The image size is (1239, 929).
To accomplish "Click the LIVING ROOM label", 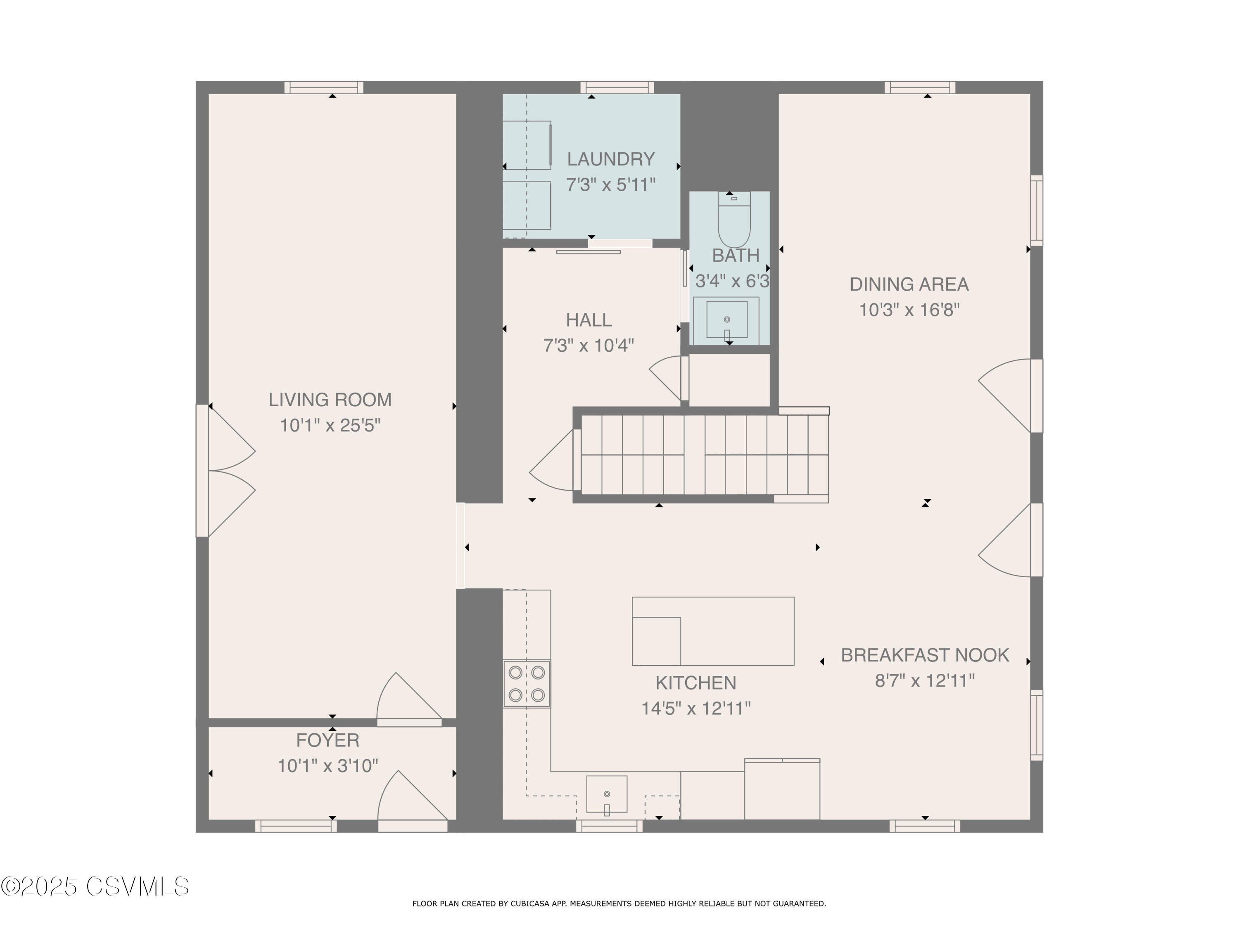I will [330, 400].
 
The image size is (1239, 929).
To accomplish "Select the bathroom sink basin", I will [726, 320].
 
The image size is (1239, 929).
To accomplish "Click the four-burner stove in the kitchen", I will [527, 684].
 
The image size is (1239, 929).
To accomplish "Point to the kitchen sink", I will [607, 794].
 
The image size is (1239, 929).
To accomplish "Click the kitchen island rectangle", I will [713, 631].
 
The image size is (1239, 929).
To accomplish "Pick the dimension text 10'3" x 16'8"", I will [909, 310].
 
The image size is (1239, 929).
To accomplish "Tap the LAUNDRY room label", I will [610, 159].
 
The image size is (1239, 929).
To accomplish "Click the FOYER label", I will [328, 740].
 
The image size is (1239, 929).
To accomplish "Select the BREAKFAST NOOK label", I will [925, 655].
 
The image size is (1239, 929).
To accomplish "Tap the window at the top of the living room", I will [324, 88].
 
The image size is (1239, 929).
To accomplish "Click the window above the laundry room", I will [617, 88].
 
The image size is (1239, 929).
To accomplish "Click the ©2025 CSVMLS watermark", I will [95, 886].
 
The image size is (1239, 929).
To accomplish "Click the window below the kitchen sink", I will [610, 826].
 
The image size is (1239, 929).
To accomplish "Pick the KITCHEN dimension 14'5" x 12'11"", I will [695, 709].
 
